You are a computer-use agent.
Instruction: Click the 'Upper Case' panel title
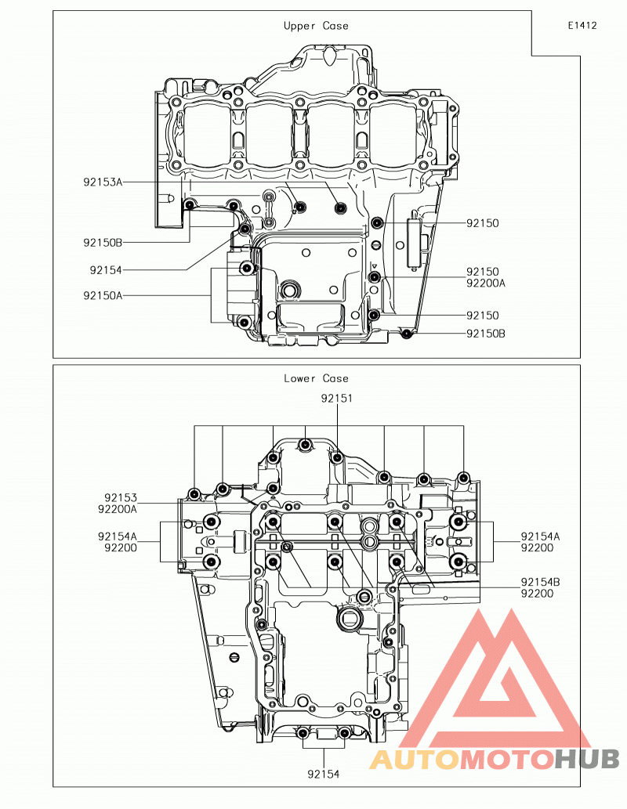[316, 26]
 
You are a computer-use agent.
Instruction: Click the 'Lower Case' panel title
[316, 378]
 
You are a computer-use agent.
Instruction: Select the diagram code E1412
[582, 25]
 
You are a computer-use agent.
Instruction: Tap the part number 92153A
[103, 182]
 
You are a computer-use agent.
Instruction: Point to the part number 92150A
[103, 295]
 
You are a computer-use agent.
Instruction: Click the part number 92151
[337, 399]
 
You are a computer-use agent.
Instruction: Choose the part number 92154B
[540, 582]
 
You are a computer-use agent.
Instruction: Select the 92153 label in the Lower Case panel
[121, 498]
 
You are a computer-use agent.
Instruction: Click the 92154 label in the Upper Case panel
[106, 270]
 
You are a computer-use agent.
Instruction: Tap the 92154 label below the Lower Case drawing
[324, 774]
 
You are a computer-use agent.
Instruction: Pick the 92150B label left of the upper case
[103, 243]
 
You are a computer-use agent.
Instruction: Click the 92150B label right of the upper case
[486, 334]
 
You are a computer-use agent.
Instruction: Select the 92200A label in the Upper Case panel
[486, 283]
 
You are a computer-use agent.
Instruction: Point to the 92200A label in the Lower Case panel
[118, 509]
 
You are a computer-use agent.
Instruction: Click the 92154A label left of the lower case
[118, 536]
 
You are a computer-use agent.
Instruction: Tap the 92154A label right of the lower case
[540, 536]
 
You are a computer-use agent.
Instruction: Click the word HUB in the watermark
[587, 759]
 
